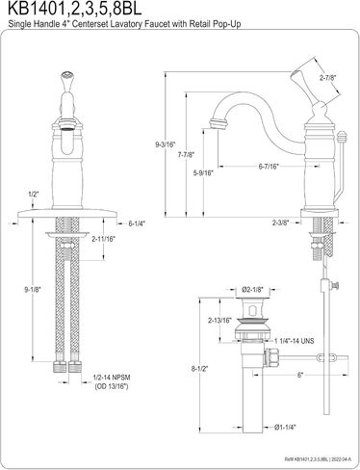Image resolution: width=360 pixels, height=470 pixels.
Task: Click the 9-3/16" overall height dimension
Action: click(166, 144)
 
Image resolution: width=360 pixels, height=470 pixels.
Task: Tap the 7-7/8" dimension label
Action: click(187, 155)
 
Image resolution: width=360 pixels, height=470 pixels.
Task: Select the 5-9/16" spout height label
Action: click(203, 173)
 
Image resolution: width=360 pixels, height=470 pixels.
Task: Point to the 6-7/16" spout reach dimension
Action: click(269, 166)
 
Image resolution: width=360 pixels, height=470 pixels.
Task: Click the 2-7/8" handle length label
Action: click(327, 77)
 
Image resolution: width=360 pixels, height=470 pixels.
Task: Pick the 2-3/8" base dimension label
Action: click(281, 222)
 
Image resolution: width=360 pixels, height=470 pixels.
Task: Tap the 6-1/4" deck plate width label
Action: click(137, 223)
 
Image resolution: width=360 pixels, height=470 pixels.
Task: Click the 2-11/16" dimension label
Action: click(103, 239)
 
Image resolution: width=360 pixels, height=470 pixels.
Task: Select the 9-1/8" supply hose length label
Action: click(33, 290)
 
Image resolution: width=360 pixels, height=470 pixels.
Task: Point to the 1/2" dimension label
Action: click(33, 195)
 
